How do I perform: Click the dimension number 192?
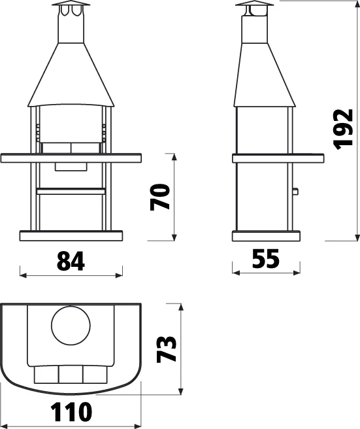tap(342, 129)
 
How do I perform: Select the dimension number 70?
tap(160, 196)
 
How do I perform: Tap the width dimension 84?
tap(71, 261)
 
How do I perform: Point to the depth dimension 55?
tap(266, 260)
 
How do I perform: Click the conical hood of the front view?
tap(71, 75)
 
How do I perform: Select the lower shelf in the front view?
tap(71, 190)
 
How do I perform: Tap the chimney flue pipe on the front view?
tap(71, 28)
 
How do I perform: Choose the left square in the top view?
tap(46, 373)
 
